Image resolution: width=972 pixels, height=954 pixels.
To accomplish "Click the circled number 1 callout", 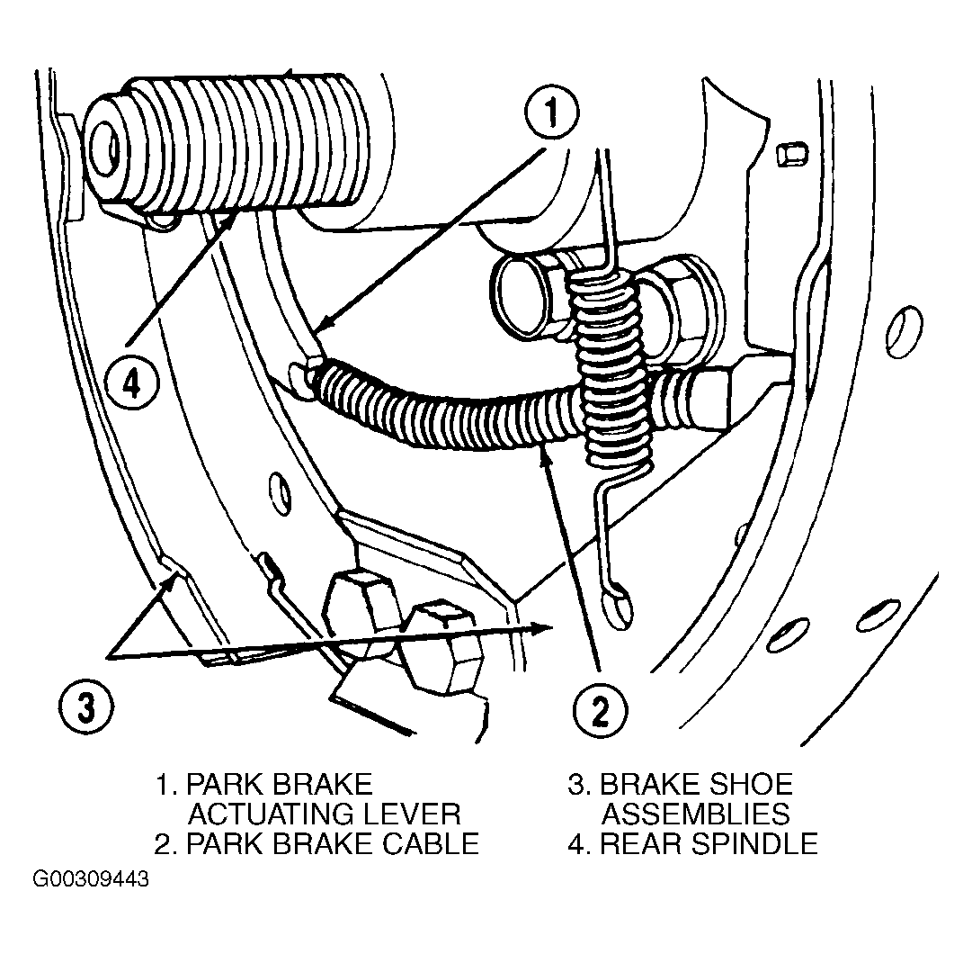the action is click(551, 112).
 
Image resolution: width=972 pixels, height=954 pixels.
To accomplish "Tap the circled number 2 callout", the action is click(600, 710).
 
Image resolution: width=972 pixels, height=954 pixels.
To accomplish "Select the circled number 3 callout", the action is click(86, 706).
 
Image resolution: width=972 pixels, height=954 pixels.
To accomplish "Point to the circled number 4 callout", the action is click(130, 384).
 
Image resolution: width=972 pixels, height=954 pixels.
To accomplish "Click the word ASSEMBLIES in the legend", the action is click(696, 814).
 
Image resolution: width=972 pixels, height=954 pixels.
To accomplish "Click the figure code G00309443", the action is click(91, 879).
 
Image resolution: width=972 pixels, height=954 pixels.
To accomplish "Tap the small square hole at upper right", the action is click(791, 153).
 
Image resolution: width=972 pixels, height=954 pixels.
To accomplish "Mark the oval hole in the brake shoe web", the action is click(281, 493).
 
